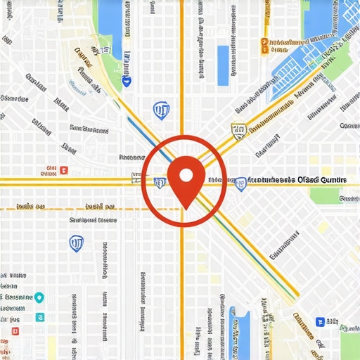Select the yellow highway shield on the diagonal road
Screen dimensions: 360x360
pyautogui.click(x=238, y=129)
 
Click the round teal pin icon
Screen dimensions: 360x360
pyautogui.click(x=39, y=297)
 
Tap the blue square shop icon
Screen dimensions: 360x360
pyautogui.click(x=320, y=321)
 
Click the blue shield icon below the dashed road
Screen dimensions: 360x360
pyautogui.click(x=75, y=243)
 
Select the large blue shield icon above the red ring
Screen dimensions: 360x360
pyautogui.click(x=161, y=109)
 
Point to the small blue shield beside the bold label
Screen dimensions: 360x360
pyautogui.click(x=240, y=181)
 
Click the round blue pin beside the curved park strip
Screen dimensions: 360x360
pyautogui.click(x=127, y=82)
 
